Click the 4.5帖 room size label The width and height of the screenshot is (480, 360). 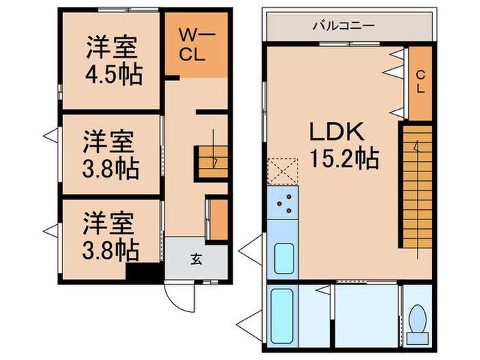(114, 73)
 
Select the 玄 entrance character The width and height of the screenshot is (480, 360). (196, 259)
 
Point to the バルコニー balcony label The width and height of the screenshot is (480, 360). (344, 26)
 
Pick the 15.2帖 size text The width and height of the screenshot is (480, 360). (344, 160)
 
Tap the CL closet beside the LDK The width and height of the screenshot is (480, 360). (420, 81)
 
